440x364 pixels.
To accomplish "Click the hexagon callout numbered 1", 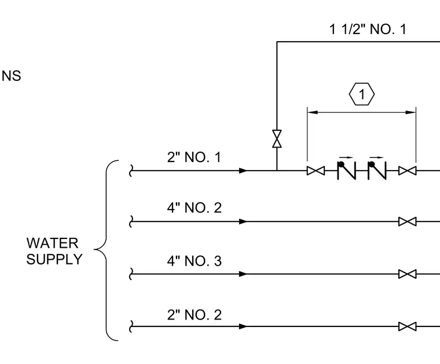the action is coord(362,94).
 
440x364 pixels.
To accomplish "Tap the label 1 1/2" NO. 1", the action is coord(368,29).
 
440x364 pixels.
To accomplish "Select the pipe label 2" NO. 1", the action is coord(194,157).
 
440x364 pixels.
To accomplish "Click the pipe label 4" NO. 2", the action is coord(194,208).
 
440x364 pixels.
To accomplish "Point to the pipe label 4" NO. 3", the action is coord(194,261).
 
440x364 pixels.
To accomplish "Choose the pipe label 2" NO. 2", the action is coord(194,315).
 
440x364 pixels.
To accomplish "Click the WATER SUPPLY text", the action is coord(54,251).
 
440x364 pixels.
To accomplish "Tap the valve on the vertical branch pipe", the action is coord(277,139).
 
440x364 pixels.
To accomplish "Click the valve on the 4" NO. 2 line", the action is coord(408,222).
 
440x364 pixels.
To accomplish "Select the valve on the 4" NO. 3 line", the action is coord(408,274).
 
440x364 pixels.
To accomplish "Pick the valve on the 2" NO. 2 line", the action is coord(408,326).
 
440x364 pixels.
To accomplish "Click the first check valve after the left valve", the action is coord(347,170).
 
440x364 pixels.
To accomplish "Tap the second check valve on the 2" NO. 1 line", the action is coord(377,170).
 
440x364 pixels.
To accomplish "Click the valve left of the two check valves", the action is coord(316,171).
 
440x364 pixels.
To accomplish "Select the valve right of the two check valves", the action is coord(408,171).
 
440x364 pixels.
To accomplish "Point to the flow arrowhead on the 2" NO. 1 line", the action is coord(243,171).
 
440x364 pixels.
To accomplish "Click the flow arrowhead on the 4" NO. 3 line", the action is coord(243,274).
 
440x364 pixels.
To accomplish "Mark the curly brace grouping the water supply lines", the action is coord(106,251).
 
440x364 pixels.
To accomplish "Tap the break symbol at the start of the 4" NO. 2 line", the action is coord(131,222).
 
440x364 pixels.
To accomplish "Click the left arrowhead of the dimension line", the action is coord(313,112).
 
